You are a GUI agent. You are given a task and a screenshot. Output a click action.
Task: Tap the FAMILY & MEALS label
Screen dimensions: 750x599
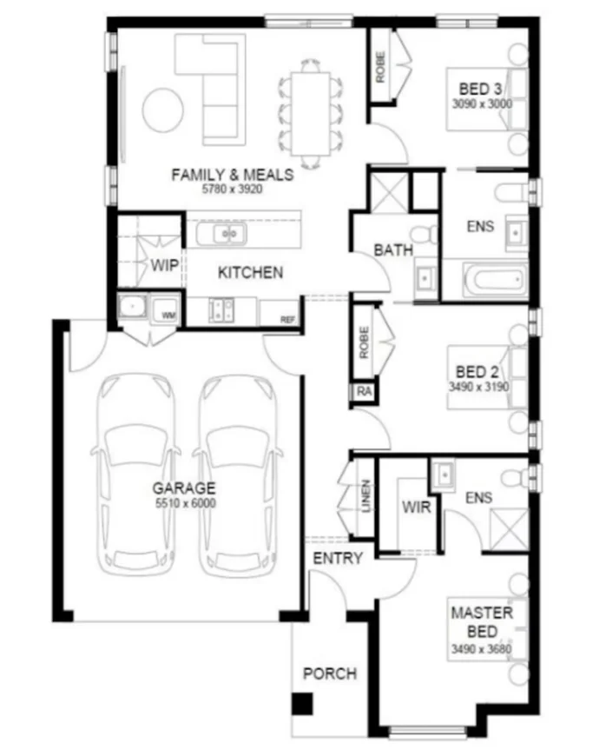pos(232,174)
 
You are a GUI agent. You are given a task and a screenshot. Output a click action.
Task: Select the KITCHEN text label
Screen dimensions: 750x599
pos(250,273)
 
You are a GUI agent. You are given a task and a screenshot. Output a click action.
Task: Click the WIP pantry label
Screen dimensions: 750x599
pos(165,266)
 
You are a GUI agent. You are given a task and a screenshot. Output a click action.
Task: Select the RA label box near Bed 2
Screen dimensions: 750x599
pos(364,392)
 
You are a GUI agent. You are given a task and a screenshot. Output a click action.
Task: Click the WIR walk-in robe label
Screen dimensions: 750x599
pos(417,508)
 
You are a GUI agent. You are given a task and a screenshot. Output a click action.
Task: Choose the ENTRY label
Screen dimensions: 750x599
pos(337,559)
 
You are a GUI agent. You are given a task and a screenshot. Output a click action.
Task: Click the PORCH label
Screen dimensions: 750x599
pos(329,674)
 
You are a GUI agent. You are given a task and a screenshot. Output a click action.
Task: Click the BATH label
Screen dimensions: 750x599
pos(393,250)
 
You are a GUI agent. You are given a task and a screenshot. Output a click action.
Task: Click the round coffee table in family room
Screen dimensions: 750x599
pos(162,110)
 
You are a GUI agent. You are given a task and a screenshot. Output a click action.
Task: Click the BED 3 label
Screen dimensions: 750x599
pos(480,88)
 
